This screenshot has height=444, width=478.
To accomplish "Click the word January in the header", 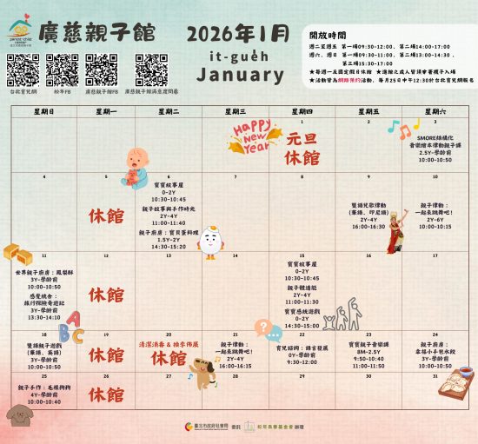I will click(x=240, y=76).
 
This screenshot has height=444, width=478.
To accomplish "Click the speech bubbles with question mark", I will click(x=266, y=329).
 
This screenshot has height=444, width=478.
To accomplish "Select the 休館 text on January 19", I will click(x=106, y=355).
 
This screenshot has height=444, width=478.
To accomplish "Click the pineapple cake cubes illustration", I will click(x=17, y=253).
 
